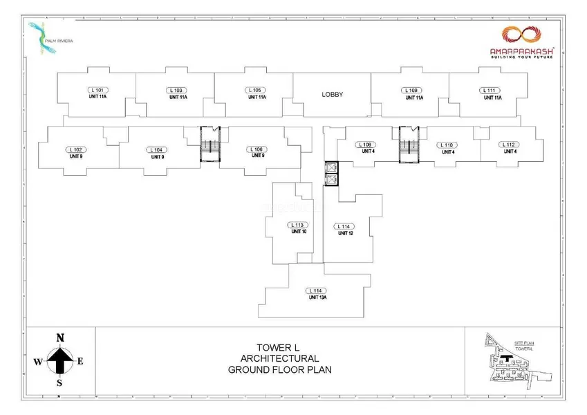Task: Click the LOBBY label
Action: [332, 94]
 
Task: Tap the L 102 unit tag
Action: [76, 149]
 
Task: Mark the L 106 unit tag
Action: [258, 149]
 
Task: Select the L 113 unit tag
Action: [298, 225]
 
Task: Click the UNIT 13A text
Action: [317, 297]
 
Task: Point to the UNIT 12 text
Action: [345, 234]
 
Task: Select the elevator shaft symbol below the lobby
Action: [331, 173]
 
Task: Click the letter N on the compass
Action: [60, 338]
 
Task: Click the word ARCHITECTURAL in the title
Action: [279, 358]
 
